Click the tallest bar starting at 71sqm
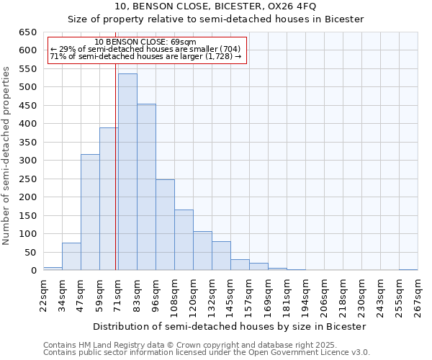point(127,173)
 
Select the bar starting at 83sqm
point(146,187)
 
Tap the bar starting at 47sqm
point(90,212)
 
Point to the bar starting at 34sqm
point(71,256)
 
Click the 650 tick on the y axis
point(28,32)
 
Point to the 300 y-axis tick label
point(28,161)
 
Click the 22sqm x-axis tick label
point(43,294)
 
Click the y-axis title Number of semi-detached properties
point(7,155)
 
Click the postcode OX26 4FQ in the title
point(290,6)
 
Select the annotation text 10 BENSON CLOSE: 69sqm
point(145,42)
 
